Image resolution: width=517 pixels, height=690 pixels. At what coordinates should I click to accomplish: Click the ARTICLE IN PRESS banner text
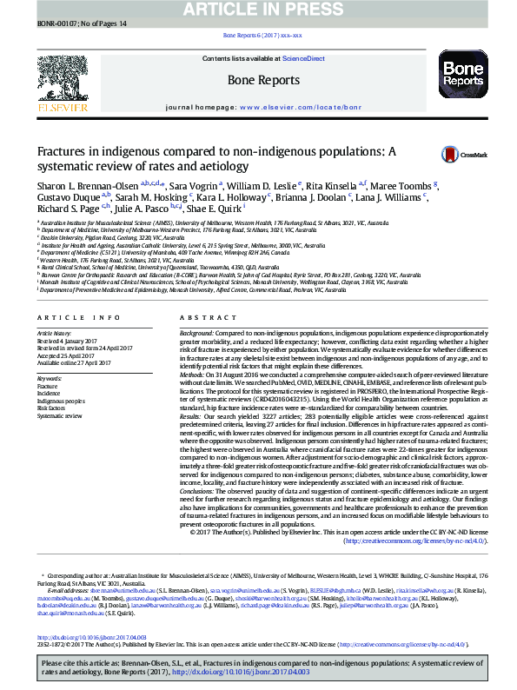pos(258,10)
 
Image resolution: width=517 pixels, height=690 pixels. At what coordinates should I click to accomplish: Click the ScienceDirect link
pos(304,58)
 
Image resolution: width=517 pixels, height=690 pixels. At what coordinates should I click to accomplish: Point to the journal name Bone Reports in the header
pos(263,81)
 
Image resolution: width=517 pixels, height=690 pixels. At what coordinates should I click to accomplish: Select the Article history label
pos(55,334)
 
